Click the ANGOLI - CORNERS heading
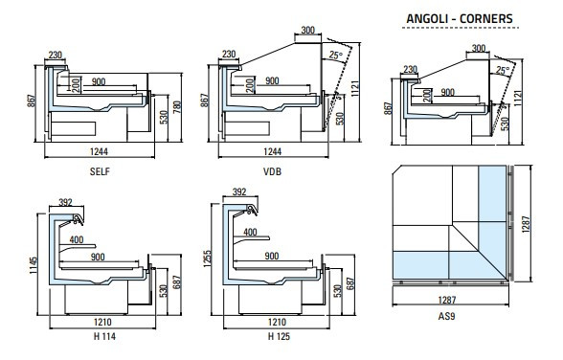(460, 18)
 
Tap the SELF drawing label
(100, 171)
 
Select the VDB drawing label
(273, 171)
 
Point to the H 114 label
(104, 336)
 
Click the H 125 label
(279, 336)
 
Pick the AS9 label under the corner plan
(446, 316)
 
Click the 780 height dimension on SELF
(177, 107)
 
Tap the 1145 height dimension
(33, 265)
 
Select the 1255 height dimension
(207, 259)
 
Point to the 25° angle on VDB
(336, 56)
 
